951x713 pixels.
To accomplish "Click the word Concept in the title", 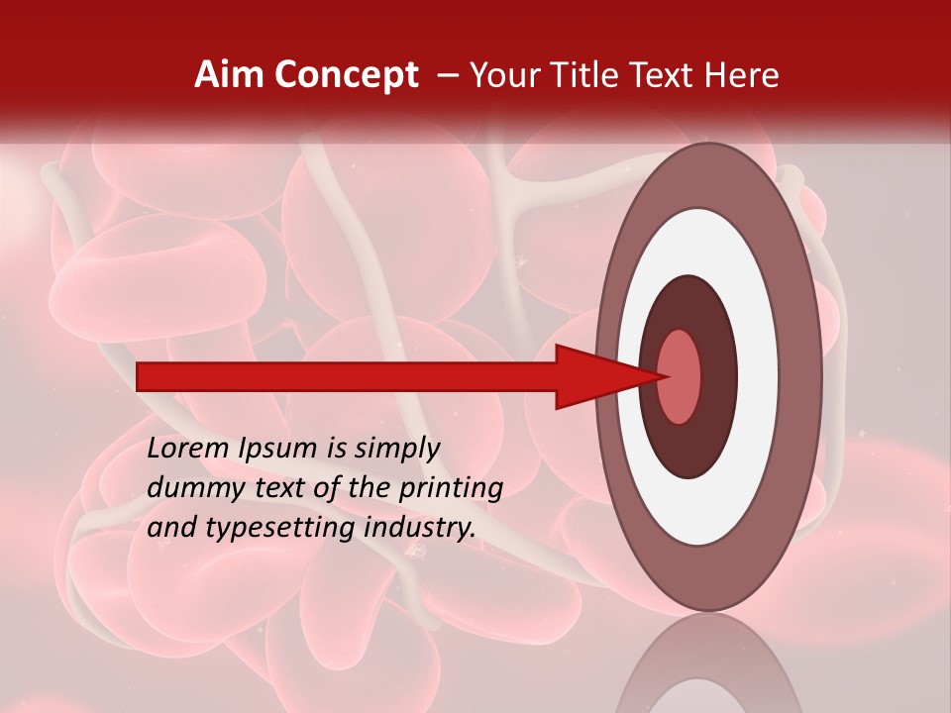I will point(346,75).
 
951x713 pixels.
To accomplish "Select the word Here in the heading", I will point(741,75).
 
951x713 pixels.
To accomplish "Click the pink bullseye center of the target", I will point(680,376).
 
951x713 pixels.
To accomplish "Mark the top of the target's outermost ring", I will point(705,158).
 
